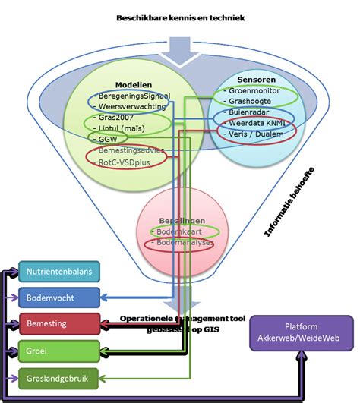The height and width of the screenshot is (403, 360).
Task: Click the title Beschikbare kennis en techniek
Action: pyautogui.click(x=180, y=17)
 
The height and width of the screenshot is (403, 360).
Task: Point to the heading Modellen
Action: pyautogui.click(x=134, y=85)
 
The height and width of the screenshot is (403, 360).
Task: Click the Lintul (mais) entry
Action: pyautogui.click(x=125, y=129)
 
